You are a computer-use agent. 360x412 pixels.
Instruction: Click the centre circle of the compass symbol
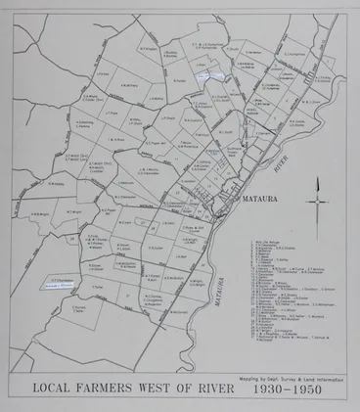tap(319, 201)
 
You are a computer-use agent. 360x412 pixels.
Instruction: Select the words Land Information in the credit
tap(328, 373)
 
